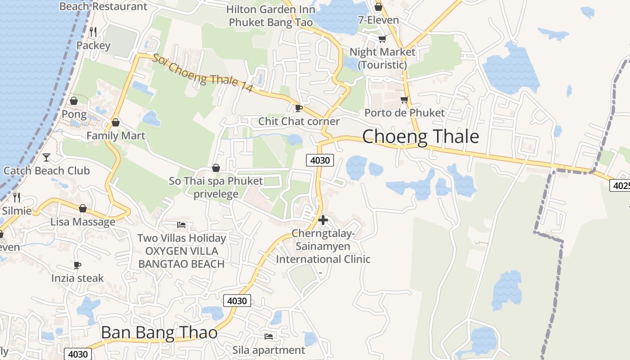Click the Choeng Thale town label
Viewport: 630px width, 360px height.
(420, 136)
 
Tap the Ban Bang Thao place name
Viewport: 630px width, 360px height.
(159, 333)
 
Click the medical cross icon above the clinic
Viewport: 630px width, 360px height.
(323, 220)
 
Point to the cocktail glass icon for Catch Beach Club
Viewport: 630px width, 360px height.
(46, 157)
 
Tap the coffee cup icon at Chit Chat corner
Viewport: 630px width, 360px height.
(298, 108)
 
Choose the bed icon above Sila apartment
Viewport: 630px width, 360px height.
(269, 336)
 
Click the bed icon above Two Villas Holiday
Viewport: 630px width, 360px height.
(181, 225)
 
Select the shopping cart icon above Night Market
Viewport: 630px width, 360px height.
(382, 39)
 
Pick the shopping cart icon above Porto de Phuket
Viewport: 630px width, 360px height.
(404, 99)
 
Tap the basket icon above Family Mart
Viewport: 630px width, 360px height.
(116, 122)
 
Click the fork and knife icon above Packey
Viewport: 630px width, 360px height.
(93, 32)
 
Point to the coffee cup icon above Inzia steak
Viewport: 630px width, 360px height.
(77, 265)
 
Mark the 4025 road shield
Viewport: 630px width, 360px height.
(620, 185)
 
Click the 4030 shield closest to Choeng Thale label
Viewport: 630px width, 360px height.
(320, 160)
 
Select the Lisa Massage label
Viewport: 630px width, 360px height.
(83, 222)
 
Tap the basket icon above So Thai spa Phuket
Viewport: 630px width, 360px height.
(216, 168)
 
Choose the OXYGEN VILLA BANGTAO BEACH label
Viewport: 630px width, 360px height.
(181, 257)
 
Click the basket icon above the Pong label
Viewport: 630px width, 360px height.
(74, 100)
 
